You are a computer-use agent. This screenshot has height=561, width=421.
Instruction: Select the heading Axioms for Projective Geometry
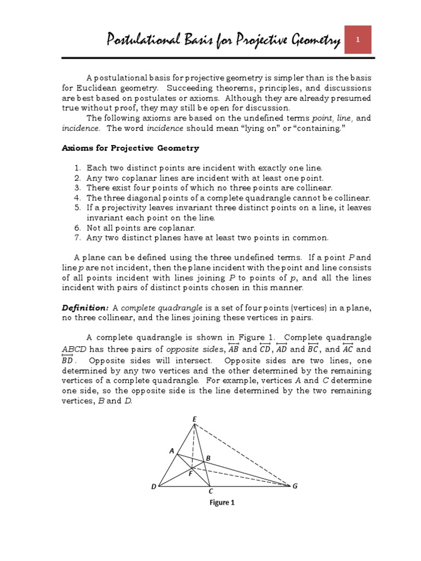click(x=130, y=148)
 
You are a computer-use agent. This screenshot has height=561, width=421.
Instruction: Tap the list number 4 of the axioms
click(x=77, y=198)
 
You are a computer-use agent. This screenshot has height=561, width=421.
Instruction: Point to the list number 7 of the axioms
click(x=77, y=237)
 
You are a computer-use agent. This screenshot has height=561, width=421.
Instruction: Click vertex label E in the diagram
click(x=194, y=420)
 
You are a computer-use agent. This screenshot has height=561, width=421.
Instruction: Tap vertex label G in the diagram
click(x=295, y=486)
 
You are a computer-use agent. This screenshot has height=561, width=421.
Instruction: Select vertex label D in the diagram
click(x=153, y=486)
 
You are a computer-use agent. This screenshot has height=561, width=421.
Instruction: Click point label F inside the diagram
click(x=190, y=474)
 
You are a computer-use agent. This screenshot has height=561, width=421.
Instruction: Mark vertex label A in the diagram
click(x=172, y=451)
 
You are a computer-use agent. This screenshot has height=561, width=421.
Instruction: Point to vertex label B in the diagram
click(x=208, y=458)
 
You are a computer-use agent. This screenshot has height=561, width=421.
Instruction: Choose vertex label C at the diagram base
click(x=210, y=491)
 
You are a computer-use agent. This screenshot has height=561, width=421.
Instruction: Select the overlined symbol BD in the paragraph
click(x=68, y=360)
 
